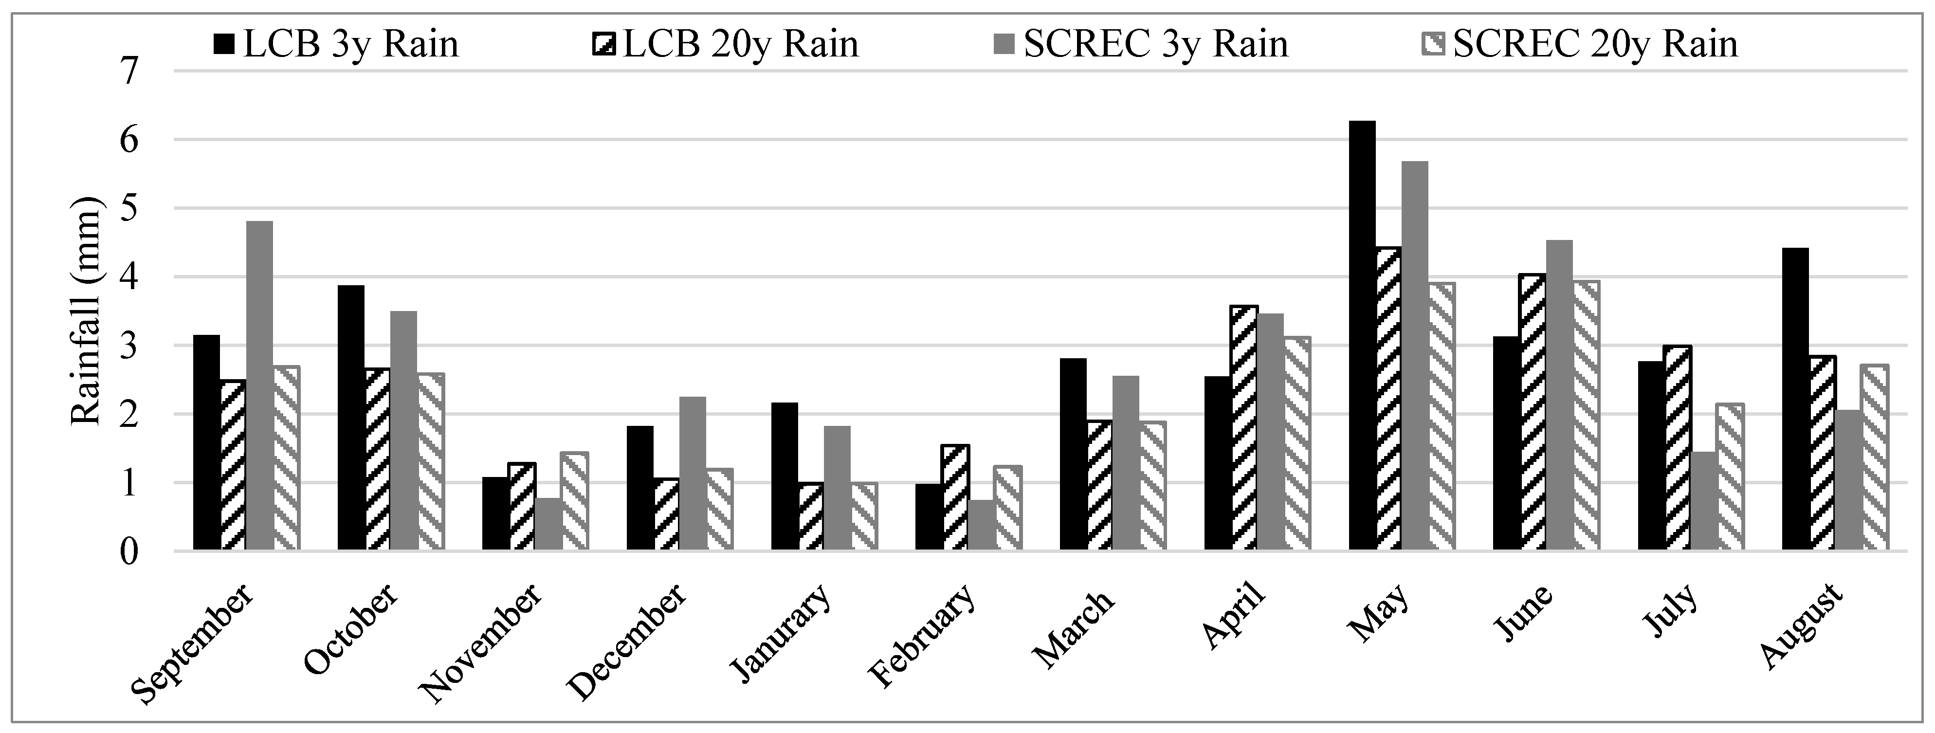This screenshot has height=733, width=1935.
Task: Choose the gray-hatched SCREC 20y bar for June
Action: click(x=1586, y=416)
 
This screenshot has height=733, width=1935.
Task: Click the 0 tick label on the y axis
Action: click(x=129, y=552)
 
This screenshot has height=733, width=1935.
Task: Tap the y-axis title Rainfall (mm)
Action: click(x=85, y=311)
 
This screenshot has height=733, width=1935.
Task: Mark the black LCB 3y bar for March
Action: click(x=1073, y=455)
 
